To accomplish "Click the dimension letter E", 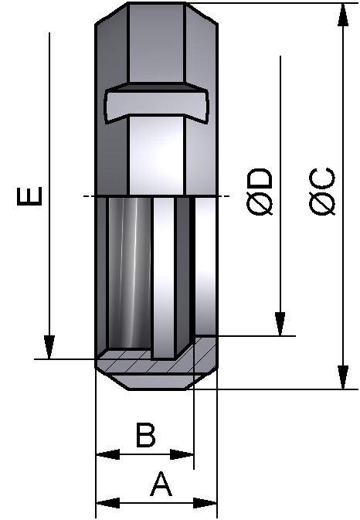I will [x=29, y=197].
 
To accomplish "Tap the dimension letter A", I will [x=160, y=485].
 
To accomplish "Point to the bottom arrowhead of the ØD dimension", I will [x=280, y=325].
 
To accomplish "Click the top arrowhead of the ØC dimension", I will [x=341, y=14].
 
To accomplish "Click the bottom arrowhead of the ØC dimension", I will [x=341, y=378].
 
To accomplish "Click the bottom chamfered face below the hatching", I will [x=155, y=381].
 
